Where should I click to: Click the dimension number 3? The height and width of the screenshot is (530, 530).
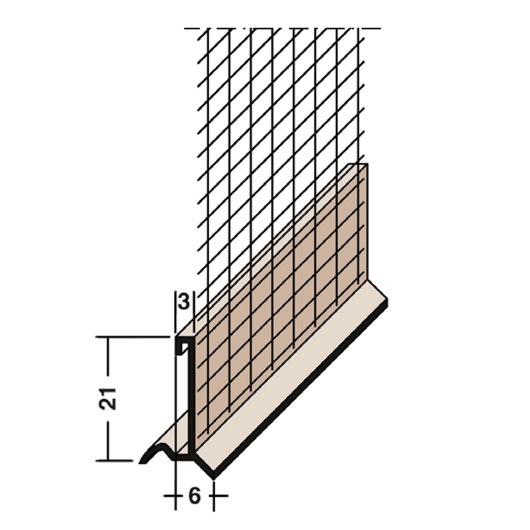pyautogui.click(x=184, y=302)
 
